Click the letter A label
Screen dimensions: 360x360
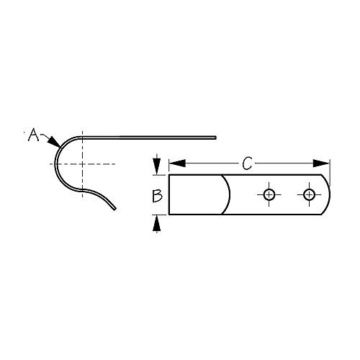tap(32, 134)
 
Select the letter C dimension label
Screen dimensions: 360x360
tap(247, 164)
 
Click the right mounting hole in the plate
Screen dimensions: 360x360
tap(310, 194)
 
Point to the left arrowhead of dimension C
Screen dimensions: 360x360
tap(174, 165)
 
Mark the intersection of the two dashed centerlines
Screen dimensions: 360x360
tap(82, 164)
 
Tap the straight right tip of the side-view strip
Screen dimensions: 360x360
tap(215, 135)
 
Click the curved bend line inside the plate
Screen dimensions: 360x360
tap(229, 194)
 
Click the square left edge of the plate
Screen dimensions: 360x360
tap(168, 194)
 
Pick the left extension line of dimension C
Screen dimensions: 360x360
tap(168, 168)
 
